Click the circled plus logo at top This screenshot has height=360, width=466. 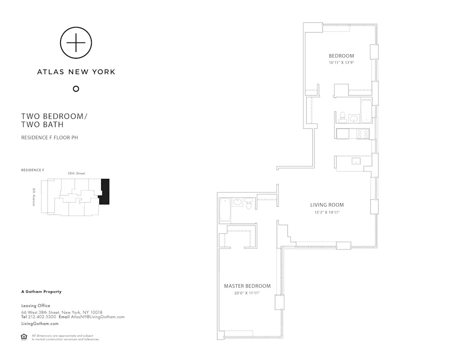pos(76,43)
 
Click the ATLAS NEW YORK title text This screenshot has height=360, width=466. pos(76,72)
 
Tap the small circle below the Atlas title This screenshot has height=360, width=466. pos(76,89)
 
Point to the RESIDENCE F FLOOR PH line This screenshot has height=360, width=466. pos(49,137)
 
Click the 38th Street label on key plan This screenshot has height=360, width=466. pos(75,173)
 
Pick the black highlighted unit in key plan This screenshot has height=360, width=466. pos(105,191)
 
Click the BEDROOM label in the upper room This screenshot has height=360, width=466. pos(342,56)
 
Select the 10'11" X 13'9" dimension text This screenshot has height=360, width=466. pos(342,62)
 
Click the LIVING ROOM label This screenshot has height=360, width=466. pos(327,205)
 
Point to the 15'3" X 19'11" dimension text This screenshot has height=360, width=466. pos(327,213)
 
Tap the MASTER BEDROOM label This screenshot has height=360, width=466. pos(247,286)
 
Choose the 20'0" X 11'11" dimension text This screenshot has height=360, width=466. pos(247,294)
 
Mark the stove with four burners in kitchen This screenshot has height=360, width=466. pos(362,133)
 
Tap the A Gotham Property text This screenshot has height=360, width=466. pos(41,292)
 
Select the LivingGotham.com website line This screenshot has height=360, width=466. pos(40,323)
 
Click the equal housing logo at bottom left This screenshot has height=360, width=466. pos(24,337)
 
